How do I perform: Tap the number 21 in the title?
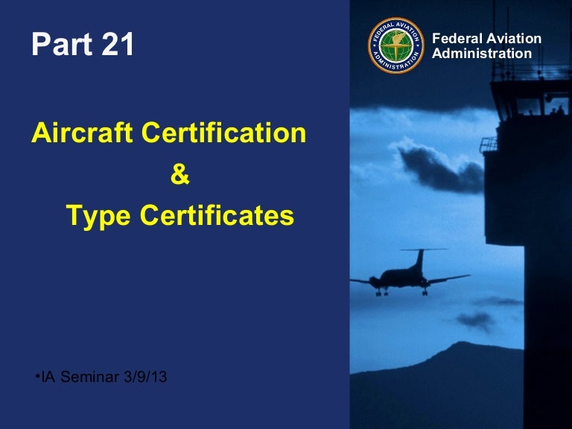click(x=118, y=44)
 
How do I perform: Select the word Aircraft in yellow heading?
click(x=82, y=132)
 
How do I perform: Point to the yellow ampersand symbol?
click(x=179, y=174)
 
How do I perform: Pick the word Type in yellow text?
click(x=98, y=216)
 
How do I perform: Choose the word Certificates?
click(x=217, y=215)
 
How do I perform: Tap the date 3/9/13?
click(x=145, y=377)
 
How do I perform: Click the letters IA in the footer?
click(x=48, y=377)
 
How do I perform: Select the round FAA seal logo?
click(x=395, y=45)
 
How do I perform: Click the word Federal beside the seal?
click(x=457, y=38)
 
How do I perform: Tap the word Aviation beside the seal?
click(x=514, y=38)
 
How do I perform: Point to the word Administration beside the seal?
click(x=482, y=54)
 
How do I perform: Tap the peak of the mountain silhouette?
click(x=463, y=343)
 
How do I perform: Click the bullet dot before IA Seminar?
click(x=37, y=375)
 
